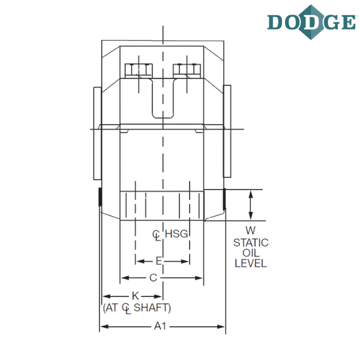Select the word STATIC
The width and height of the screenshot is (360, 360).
251,242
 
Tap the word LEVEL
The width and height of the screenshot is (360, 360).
251,263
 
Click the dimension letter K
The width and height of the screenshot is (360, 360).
136,295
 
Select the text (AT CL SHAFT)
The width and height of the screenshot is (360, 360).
137,308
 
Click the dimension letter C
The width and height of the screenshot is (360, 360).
153,277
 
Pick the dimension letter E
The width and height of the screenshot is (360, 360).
159,261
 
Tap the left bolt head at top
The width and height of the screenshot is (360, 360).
137,70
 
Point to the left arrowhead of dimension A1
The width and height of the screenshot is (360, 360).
102,327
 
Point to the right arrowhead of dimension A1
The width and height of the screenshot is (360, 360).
223,327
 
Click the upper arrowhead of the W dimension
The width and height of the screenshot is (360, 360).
251,193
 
